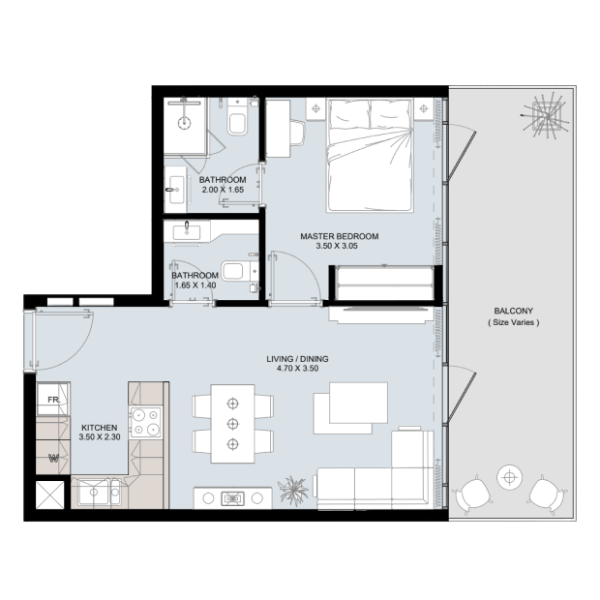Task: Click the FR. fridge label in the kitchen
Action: (x=54, y=400)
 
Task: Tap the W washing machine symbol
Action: (x=53, y=458)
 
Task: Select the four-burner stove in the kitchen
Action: (x=145, y=423)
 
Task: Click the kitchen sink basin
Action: (x=94, y=492)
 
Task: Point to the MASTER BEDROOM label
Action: (x=340, y=236)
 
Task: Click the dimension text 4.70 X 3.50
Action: (x=298, y=369)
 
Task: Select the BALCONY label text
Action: (x=514, y=311)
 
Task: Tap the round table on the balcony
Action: (x=509, y=477)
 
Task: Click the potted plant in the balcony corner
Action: (x=546, y=114)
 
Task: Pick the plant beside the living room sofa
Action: (x=293, y=491)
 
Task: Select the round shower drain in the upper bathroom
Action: (x=185, y=123)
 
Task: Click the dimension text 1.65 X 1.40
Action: (x=195, y=285)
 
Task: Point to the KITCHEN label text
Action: (x=100, y=428)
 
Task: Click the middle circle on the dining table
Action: (x=232, y=424)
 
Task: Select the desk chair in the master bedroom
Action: (x=297, y=133)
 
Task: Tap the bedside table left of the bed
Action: (x=315, y=109)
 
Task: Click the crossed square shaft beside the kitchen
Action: (x=50, y=495)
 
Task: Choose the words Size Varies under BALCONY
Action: (x=514, y=322)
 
